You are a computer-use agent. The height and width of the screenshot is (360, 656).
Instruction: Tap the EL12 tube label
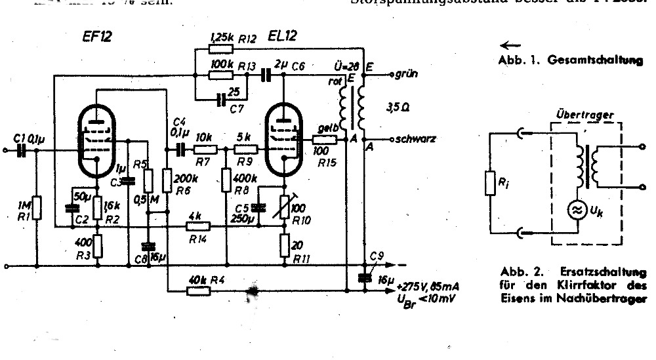pyautogui.click(x=283, y=37)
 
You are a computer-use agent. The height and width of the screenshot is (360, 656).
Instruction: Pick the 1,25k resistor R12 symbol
pyautogui.click(x=220, y=49)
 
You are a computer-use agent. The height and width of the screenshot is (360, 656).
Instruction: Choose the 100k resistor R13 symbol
pyautogui.click(x=220, y=74)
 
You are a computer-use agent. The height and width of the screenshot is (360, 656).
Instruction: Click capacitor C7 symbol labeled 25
pyautogui.click(x=222, y=99)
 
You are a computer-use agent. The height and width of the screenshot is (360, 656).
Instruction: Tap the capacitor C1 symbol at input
pyautogui.click(x=22, y=151)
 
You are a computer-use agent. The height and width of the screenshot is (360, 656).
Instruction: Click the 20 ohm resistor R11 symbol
pyautogui.click(x=284, y=247)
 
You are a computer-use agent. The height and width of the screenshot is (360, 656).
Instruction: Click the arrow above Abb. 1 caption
pyautogui.click(x=508, y=46)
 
